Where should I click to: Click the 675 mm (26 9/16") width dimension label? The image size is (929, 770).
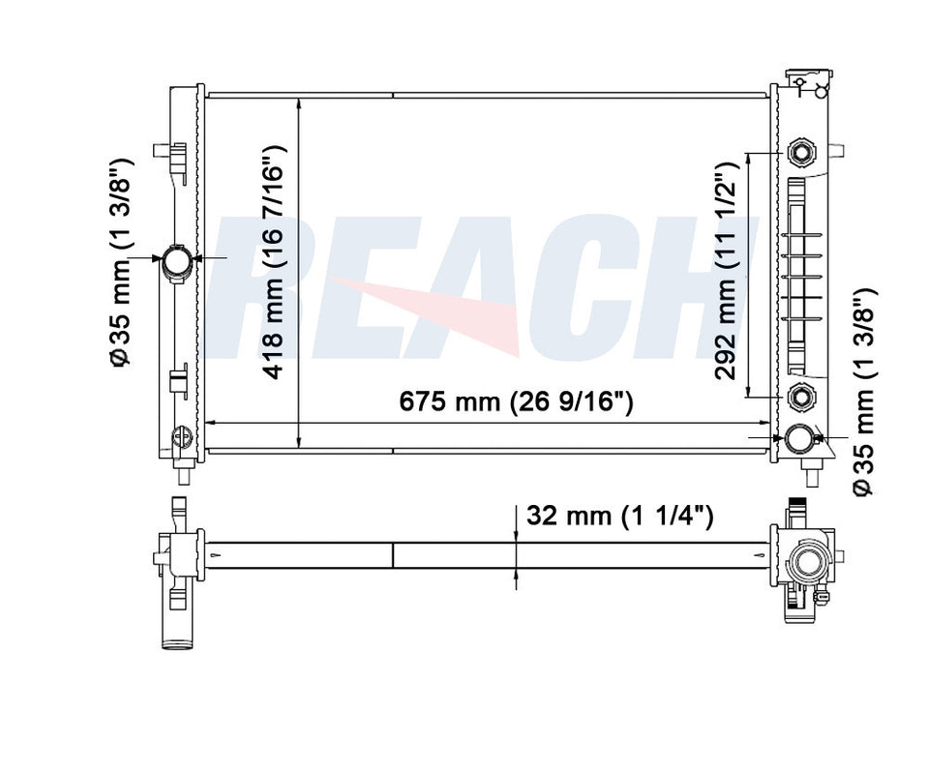[516, 401]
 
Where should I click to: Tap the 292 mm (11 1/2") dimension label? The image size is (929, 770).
[725, 271]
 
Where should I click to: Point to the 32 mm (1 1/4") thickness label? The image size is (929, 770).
[619, 516]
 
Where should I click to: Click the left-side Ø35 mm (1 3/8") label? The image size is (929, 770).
[120, 262]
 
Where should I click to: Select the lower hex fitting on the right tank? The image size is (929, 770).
[800, 397]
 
